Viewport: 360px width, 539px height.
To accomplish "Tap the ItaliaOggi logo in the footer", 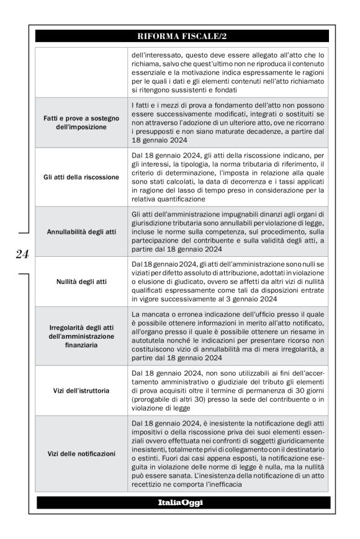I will pos(182,501).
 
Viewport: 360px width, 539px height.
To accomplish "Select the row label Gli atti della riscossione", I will pos(81,177).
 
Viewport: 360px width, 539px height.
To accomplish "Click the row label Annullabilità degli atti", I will pos(81,231).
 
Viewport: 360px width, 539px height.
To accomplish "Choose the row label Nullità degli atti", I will pos(81,281).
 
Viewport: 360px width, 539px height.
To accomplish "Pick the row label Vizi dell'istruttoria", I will pos(81,391).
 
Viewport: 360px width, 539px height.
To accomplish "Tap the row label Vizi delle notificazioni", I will pos(81,453).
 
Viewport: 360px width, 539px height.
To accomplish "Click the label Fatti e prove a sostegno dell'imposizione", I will pos(81,122).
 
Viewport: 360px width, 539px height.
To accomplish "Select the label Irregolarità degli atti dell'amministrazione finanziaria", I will pos(81,336).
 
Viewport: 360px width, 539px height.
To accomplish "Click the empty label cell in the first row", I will pos(81,72).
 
